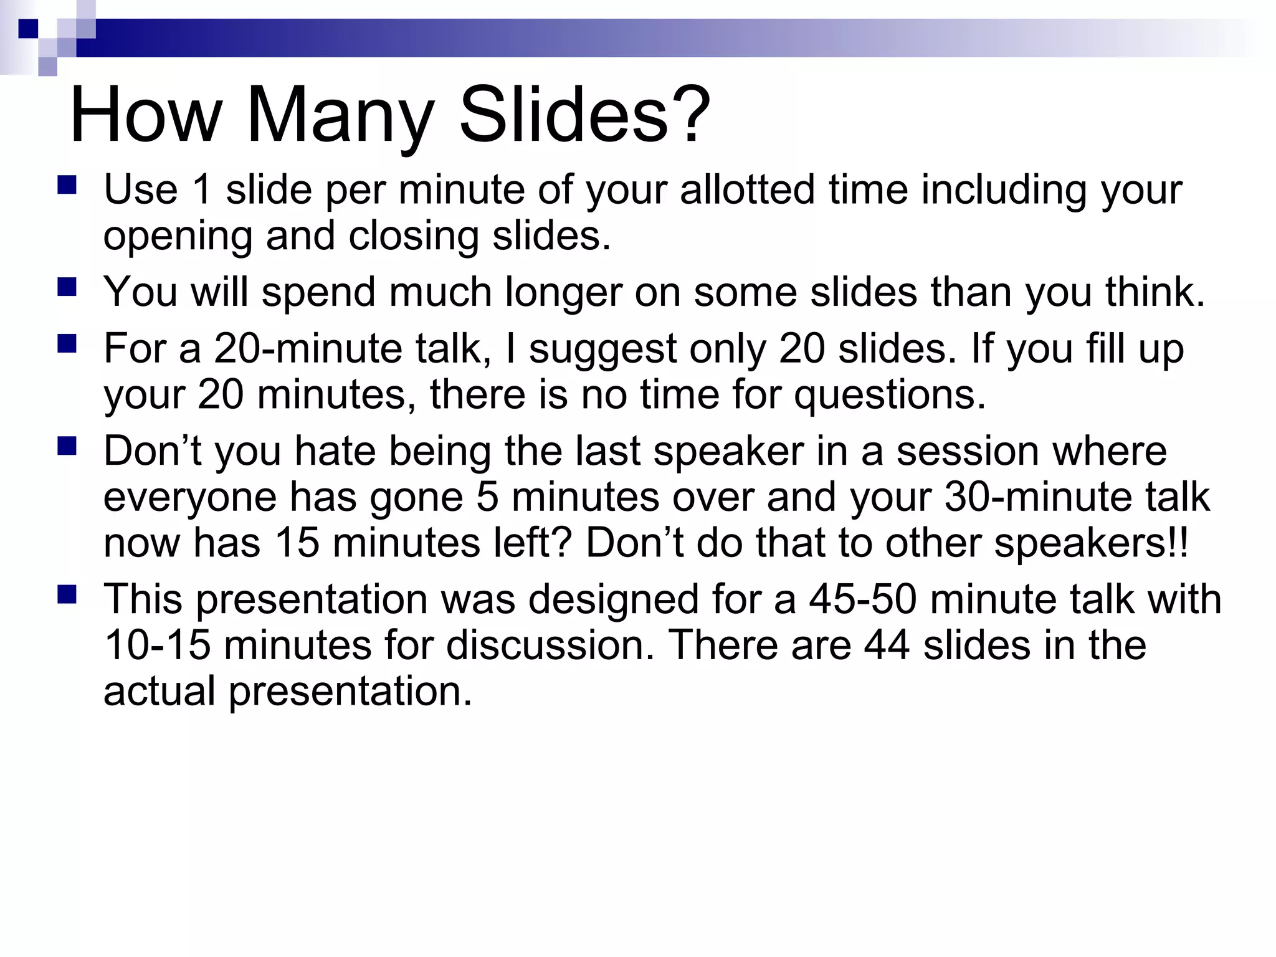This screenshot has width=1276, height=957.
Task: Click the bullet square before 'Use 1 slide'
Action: pyautogui.click(x=67, y=186)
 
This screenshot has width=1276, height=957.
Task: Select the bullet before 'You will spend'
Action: pyautogui.click(x=67, y=288)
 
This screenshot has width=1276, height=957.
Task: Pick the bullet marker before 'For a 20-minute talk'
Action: pyautogui.click(x=67, y=344)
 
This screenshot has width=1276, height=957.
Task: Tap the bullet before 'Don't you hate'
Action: pyautogui.click(x=67, y=446)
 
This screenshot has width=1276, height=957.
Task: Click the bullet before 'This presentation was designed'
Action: pyautogui.click(x=67, y=594)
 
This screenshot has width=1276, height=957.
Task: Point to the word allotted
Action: pyautogui.click(x=747, y=189)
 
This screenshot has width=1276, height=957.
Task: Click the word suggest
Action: pyautogui.click(x=602, y=349)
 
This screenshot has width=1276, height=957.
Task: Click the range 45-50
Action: pyautogui.click(x=863, y=599)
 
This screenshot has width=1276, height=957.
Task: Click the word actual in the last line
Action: pyautogui.click(x=159, y=691)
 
